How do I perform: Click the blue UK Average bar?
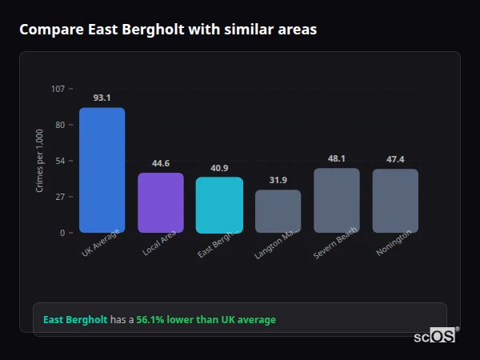point(102,170)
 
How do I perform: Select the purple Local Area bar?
point(161,202)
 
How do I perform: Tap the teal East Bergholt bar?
point(219,205)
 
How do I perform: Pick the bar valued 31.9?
point(278,211)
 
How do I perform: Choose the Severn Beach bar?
point(336,200)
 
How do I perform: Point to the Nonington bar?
point(395,201)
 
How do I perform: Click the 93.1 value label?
point(102,98)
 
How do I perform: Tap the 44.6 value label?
point(161,163)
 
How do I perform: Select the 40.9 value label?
point(219,168)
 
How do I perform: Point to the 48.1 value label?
point(336,158)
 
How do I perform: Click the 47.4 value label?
point(395,159)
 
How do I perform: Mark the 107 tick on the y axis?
point(58,89)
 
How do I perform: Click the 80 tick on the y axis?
point(60,125)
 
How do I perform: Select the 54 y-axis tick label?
point(60,161)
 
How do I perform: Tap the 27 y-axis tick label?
point(60,197)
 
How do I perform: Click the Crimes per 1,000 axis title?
point(40,160)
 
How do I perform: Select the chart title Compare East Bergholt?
point(168,30)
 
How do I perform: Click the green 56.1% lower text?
point(206,320)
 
